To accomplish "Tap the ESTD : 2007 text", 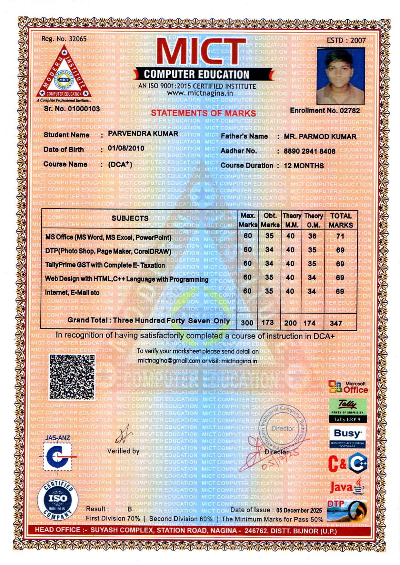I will point(346,41).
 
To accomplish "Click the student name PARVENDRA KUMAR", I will point(143,134).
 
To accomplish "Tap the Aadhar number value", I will point(309,151).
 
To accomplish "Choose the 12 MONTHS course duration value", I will point(304,166).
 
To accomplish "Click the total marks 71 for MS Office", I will point(340,236).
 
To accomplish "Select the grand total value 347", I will point(336,323).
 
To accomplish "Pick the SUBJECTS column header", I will point(130,218).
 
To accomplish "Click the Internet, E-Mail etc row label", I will point(72,292).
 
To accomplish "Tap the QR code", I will point(72,377).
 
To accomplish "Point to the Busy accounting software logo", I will point(348,436).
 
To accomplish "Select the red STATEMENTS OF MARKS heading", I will point(204,113).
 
